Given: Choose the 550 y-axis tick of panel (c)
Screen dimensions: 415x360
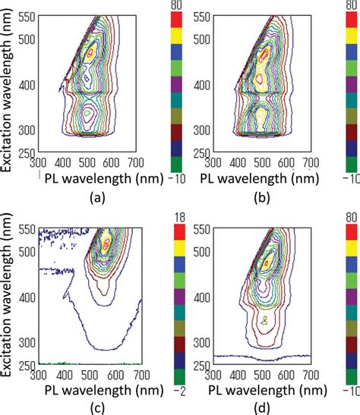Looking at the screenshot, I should pos(28,228).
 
